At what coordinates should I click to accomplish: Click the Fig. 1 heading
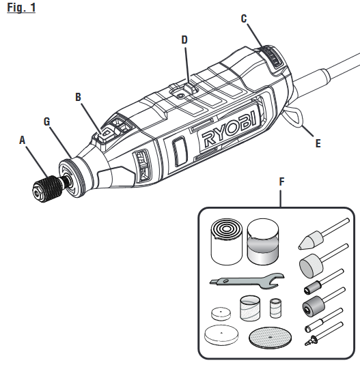[21, 8]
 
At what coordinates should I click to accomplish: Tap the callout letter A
[22, 140]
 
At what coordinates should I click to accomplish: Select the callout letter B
[79, 97]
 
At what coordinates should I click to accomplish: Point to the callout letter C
[244, 18]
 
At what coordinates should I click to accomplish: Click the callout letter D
[184, 40]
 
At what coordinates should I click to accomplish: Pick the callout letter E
[318, 143]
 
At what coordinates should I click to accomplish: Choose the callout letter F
[282, 181]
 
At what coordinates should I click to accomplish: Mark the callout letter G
[47, 121]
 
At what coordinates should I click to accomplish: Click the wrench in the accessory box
[247, 280]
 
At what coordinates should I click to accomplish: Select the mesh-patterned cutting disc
[270, 338]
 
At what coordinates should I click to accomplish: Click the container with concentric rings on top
[227, 242]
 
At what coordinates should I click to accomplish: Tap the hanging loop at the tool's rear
[294, 117]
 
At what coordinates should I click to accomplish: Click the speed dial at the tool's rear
[275, 57]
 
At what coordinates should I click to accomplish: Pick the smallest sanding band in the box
[276, 308]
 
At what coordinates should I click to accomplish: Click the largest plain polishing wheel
[221, 335]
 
